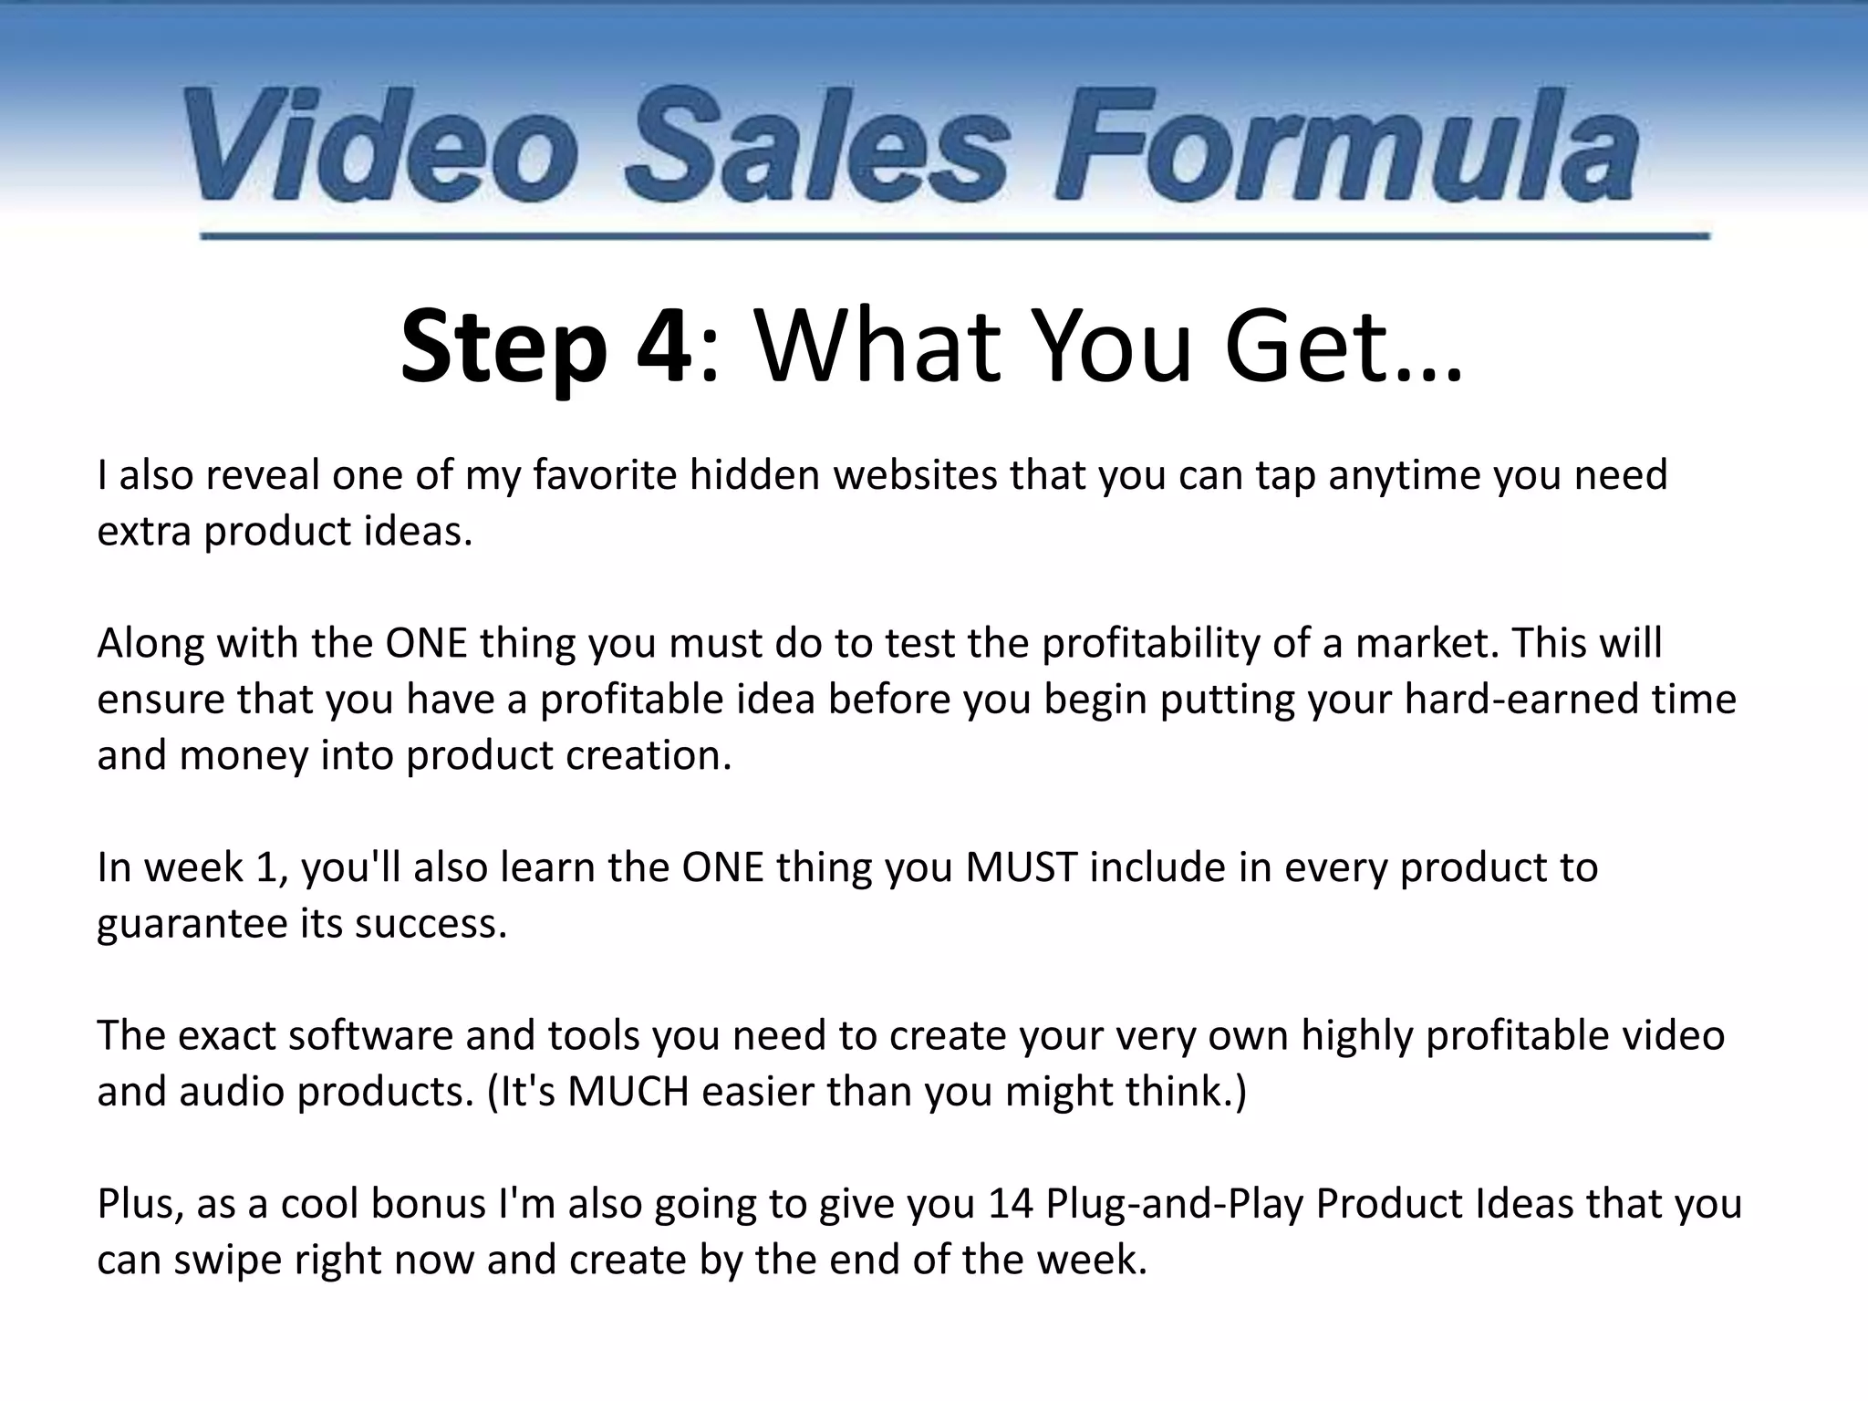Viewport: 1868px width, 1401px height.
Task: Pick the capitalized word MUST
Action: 1022,867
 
